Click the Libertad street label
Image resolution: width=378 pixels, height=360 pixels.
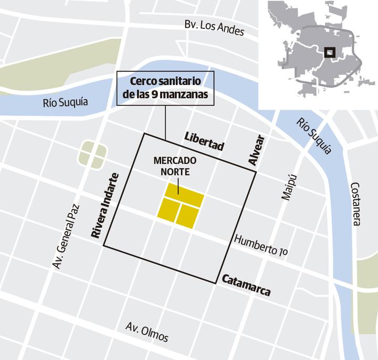coord(204,142)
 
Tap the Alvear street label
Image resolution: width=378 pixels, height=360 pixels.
coord(257,151)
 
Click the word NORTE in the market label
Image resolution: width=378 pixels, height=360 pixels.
coord(175,171)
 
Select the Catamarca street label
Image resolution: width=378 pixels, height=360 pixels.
coord(246,285)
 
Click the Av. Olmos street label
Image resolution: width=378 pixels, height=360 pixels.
coord(147,332)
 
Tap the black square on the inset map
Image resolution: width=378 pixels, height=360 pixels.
coord(329,52)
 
